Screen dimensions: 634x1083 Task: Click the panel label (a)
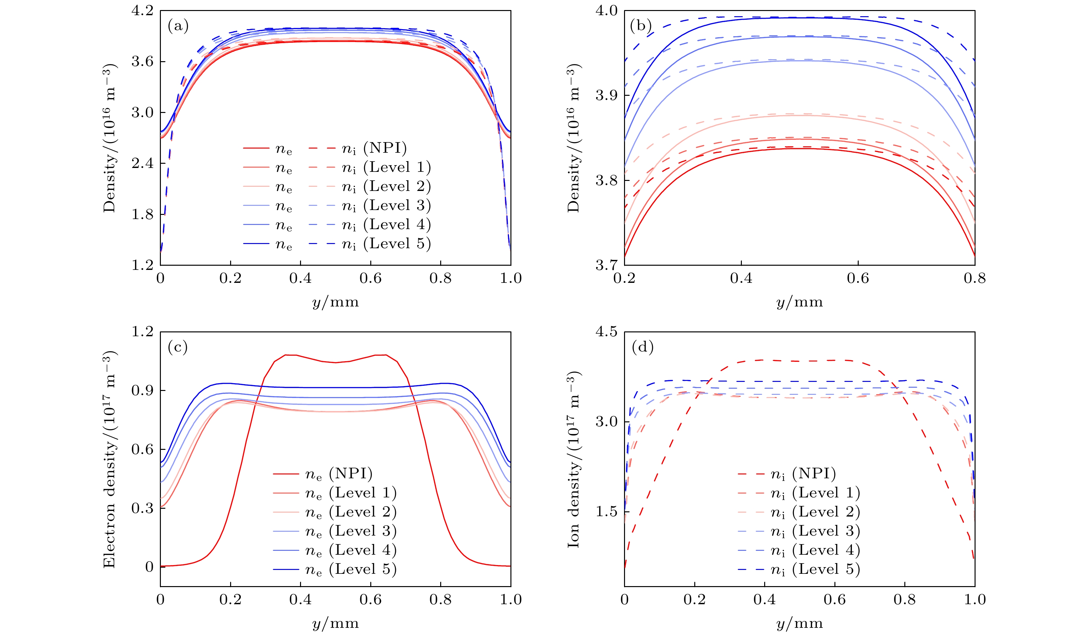tap(178, 27)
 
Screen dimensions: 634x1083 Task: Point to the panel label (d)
tap(642, 347)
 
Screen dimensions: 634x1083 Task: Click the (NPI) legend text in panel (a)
tap(385, 148)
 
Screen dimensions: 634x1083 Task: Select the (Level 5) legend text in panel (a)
tap(397, 244)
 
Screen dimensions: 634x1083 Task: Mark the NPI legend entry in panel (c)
tap(338, 474)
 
